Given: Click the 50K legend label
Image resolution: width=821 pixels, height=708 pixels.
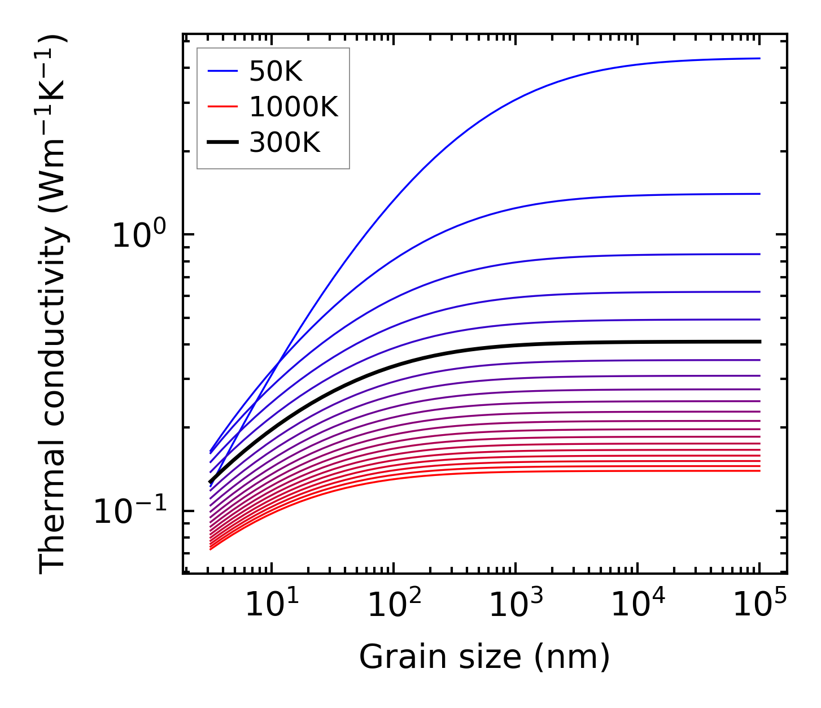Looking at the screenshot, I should (276, 72).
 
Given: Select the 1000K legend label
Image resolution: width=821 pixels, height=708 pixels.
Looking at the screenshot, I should (293, 107).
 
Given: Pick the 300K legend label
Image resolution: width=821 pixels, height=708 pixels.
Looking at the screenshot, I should (285, 143).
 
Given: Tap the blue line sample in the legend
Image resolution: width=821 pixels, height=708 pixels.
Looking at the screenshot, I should (222, 72).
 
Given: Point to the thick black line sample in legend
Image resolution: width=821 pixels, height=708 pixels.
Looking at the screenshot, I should (222, 143).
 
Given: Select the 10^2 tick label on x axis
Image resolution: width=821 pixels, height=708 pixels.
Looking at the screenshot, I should (394, 605).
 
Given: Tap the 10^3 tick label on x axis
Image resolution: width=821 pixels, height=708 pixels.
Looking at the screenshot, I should (516, 605).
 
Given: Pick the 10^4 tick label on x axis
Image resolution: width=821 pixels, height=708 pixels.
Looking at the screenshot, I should (637, 605).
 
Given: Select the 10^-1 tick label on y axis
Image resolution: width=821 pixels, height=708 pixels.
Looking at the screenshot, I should (130, 511).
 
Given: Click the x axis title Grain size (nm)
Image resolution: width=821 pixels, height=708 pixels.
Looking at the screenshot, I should (484, 658).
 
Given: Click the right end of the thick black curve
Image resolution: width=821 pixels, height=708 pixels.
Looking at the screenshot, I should (760, 342).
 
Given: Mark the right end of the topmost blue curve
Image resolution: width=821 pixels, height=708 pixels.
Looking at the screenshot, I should (760, 58).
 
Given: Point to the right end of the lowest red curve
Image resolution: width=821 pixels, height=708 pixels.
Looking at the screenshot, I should (760, 471).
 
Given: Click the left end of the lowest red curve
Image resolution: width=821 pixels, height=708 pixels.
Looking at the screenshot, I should (210, 549).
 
